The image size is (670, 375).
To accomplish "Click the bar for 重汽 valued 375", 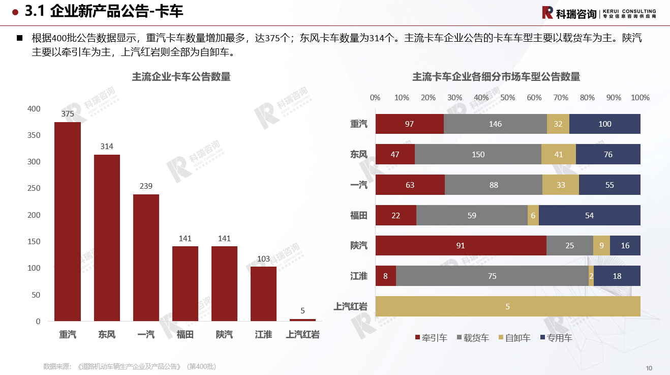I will coord(68,221).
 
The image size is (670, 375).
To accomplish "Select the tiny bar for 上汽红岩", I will coord(302,320).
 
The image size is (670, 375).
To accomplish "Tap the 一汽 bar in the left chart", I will coord(146,257).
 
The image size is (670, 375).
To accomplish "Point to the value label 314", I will coord(107,147).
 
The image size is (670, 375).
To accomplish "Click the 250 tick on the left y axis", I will coord(34,188).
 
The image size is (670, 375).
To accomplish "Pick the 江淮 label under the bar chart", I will coord(263,334).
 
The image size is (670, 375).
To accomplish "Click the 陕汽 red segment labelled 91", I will coord(461,245).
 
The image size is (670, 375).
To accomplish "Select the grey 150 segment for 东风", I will coord(478,154).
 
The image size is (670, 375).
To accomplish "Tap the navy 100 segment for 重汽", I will coord(604,124).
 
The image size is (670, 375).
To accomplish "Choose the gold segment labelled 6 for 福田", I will coord(533,215).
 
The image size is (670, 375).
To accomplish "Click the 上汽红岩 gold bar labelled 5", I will coord(507,306).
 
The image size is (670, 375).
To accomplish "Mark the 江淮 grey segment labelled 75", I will coord(492,276).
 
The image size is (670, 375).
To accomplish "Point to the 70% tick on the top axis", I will coord(561,98).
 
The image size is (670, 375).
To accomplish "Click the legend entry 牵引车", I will coord(431,338).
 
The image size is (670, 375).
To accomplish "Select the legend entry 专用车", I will coord(556,338).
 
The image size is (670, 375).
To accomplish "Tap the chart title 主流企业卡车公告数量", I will coord(181,77).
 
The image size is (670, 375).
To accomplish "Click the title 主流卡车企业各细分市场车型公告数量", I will coord(496,77).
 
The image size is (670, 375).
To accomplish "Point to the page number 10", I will coord(649,368).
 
